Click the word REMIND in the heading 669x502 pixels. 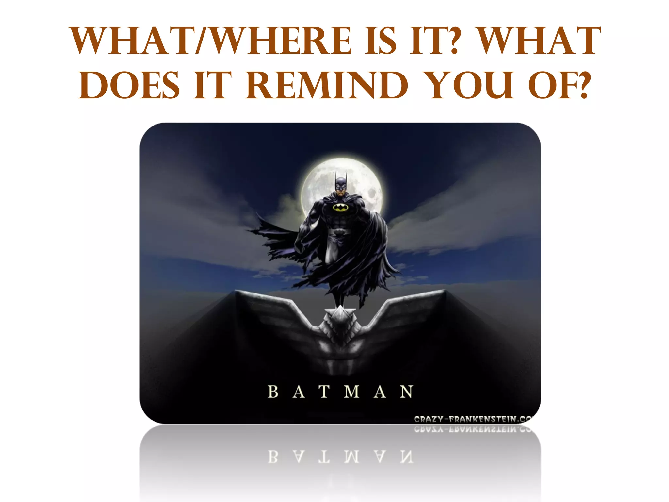click(x=327, y=86)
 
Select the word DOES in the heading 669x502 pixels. click(x=129, y=86)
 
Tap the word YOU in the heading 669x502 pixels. click(x=470, y=86)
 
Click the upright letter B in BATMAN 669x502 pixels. click(x=273, y=392)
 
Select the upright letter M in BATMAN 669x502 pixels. click(x=352, y=392)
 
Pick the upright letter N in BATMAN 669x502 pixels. click(x=406, y=392)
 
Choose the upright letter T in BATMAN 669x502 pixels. click(x=324, y=392)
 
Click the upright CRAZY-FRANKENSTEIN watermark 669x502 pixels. click(x=474, y=419)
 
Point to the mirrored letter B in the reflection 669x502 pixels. click(x=273, y=457)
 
